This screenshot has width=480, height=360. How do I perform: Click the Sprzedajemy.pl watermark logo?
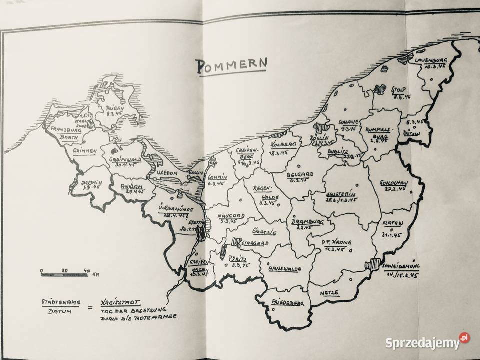click(x=423, y=343)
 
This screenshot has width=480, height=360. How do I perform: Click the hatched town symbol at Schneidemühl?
click(x=372, y=263)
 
